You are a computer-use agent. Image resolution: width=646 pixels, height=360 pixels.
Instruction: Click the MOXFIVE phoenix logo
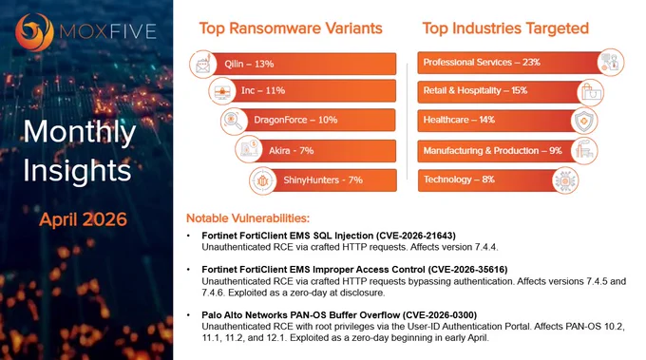point(34,32)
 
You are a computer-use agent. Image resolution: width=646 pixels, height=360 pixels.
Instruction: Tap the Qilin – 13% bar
point(303,64)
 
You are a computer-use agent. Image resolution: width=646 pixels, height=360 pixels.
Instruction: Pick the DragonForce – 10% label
point(295,120)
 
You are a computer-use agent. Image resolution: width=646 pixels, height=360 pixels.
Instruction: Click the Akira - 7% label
point(292,151)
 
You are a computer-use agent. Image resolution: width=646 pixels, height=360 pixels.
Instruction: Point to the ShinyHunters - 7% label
point(323,180)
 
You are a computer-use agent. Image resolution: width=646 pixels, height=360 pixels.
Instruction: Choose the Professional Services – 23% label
point(482,62)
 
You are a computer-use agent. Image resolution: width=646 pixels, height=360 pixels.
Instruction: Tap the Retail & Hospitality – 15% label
point(475,90)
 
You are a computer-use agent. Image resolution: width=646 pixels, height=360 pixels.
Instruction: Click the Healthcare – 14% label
point(459,120)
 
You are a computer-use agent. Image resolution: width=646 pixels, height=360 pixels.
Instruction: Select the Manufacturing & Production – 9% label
point(493,151)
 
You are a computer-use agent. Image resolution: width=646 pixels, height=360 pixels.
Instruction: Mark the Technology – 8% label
point(459,180)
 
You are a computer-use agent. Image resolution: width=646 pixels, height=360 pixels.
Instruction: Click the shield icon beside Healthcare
point(584,121)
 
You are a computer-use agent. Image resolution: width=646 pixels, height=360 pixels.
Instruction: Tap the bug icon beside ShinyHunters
point(262,180)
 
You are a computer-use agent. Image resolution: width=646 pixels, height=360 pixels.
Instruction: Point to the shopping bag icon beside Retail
point(590,92)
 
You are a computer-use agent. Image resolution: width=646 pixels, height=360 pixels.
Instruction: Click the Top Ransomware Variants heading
point(291,28)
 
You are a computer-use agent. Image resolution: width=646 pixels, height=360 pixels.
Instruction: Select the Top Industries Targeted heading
point(505,28)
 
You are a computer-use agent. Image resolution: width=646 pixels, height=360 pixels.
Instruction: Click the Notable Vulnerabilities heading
point(248,218)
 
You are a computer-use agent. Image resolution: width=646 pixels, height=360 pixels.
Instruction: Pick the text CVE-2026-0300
point(440,315)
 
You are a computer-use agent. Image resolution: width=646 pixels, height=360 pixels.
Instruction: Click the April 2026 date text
point(84,219)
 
